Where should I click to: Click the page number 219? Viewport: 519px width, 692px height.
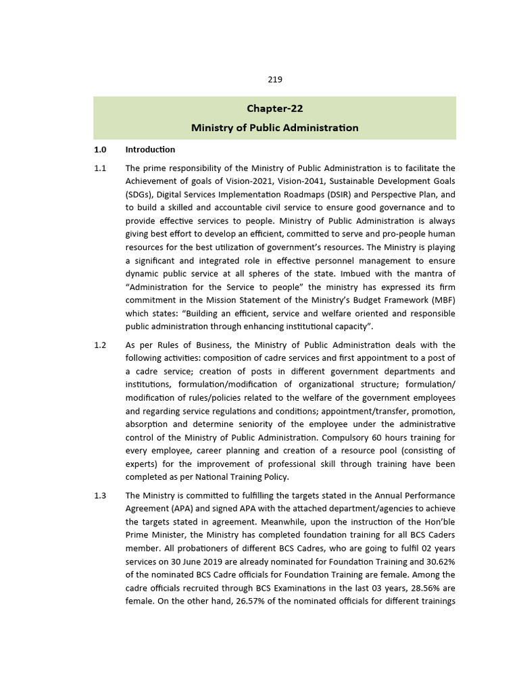coord(274,79)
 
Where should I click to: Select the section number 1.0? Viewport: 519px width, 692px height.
coord(100,149)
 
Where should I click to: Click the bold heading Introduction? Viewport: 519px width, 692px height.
coord(150,149)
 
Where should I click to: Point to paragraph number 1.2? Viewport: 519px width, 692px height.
coord(100,345)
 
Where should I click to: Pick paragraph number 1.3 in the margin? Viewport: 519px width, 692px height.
coord(100,495)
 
